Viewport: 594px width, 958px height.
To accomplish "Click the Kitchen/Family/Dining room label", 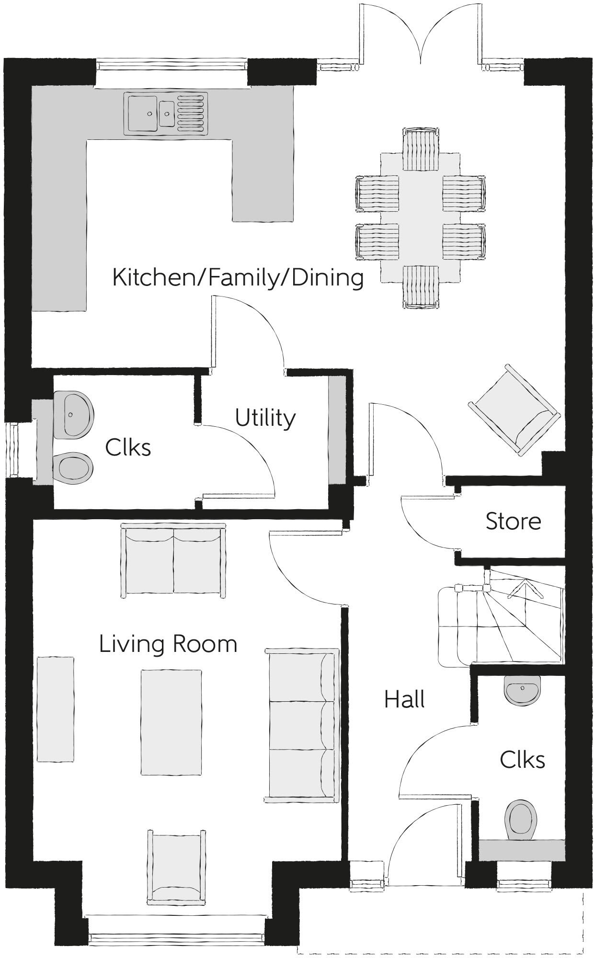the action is [238, 278].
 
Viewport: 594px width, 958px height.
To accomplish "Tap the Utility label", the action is [265, 418].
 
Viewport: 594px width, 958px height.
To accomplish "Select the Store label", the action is [513, 521].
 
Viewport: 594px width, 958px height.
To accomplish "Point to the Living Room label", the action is [168, 644].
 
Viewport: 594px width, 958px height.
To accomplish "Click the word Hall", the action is [404, 700].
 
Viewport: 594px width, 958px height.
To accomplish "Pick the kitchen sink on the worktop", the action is [166, 114].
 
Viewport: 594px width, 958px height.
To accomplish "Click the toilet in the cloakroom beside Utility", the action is [73, 468].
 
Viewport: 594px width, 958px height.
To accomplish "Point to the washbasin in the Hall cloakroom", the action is [522, 690].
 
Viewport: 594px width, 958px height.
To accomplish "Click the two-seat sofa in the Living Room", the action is [173, 560].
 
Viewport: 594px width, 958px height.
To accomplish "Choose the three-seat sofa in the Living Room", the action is [302, 725].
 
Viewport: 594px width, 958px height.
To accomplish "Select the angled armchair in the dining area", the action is [514, 410].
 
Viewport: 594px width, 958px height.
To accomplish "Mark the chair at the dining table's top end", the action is [421, 149].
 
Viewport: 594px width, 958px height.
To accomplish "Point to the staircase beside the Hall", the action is [501, 616].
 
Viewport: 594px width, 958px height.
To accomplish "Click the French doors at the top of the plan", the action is [420, 34].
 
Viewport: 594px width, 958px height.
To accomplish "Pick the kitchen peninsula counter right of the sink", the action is [263, 181].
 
